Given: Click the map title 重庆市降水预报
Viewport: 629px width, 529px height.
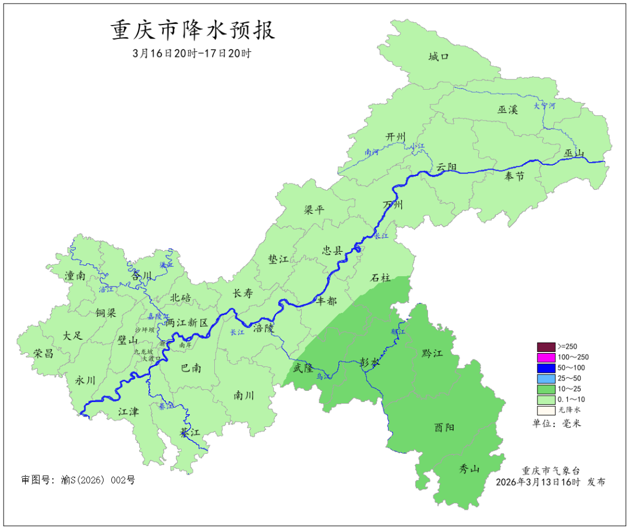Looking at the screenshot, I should [x=193, y=30].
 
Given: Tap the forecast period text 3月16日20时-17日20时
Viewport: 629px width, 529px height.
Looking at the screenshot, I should [x=192, y=54].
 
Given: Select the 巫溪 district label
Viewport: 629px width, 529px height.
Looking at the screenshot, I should [x=507, y=109].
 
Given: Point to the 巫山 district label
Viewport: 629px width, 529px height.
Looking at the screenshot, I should [x=574, y=153].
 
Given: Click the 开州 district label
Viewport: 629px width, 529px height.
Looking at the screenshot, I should [x=395, y=137].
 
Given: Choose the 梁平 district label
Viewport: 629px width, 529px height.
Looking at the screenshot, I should [x=314, y=210].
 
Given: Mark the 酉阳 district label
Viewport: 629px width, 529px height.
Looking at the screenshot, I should [x=444, y=427].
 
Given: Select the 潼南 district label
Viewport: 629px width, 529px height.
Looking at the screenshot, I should [x=76, y=276].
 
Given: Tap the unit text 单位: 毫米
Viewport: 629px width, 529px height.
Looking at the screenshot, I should [x=557, y=424].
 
